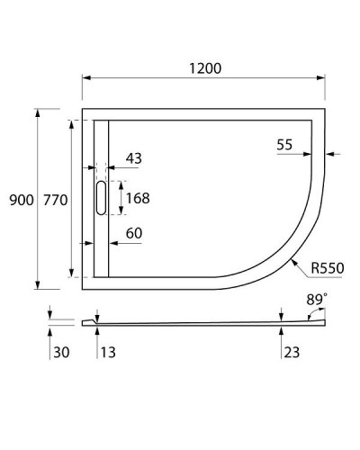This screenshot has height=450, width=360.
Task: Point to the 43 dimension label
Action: click(133, 158)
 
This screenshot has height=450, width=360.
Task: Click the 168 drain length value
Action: click(138, 198)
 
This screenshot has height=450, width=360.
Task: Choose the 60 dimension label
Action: click(134, 234)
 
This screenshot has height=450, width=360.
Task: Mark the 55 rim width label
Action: click(285, 144)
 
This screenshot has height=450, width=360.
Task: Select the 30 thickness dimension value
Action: click(60, 353)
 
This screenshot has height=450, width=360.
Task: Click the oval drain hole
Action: click(100, 198)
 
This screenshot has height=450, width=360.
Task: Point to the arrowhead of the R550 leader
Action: click(295, 260)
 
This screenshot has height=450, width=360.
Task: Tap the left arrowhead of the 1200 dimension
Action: click(86, 77)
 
